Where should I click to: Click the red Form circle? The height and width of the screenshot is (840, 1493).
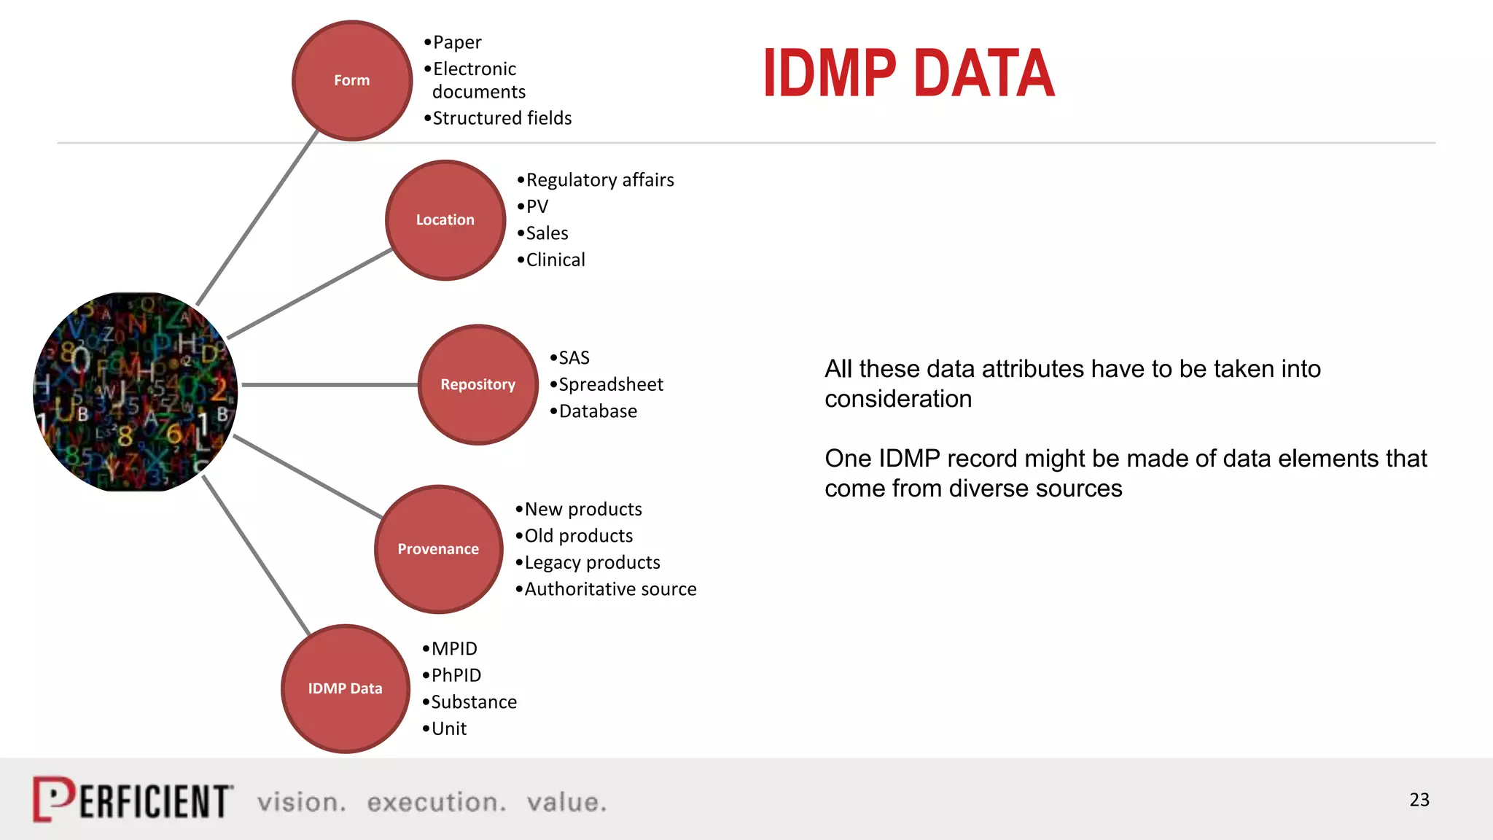(x=352, y=80)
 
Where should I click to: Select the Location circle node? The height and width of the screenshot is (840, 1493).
(x=445, y=219)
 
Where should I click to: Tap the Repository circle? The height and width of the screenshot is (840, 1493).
(x=478, y=384)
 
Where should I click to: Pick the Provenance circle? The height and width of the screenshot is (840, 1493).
(x=438, y=549)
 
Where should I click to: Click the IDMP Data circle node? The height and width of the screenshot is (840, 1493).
(x=345, y=688)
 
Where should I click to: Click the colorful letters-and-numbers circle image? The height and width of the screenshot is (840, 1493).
(x=136, y=392)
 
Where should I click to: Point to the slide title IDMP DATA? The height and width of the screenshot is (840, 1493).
(x=908, y=73)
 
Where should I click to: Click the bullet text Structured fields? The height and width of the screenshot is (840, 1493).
(x=502, y=118)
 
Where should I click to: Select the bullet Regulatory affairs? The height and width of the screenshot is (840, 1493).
(x=599, y=180)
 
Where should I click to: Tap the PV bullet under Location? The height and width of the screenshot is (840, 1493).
(x=537, y=206)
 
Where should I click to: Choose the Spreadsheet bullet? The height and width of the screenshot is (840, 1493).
(x=610, y=384)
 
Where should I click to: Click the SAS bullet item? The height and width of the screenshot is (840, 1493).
(x=574, y=358)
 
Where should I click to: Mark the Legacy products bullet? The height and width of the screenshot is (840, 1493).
(x=592, y=562)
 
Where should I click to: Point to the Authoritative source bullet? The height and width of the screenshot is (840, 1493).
(x=610, y=589)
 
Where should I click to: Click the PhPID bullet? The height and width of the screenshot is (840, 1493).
(x=456, y=675)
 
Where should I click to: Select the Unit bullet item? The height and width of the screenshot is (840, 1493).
(x=448, y=728)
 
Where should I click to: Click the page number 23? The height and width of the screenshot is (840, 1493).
(x=1419, y=800)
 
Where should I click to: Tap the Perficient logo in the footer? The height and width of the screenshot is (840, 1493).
(x=133, y=800)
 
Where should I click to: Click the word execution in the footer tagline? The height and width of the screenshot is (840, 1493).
(x=436, y=802)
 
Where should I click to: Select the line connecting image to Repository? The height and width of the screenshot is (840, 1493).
(x=328, y=384)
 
